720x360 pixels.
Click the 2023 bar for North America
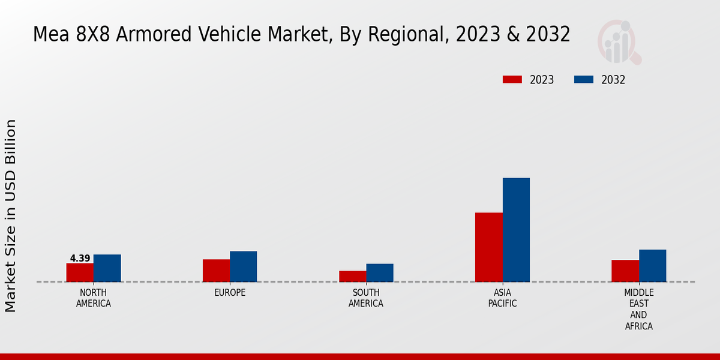[80, 272]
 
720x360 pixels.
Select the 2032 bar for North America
[107, 268]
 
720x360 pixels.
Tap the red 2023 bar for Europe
[216, 271]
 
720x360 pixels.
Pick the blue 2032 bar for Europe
[243, 266]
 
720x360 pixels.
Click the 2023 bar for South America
[352, 276]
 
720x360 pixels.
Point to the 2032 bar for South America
[380, 273]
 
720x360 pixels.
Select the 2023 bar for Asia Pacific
[488, 247]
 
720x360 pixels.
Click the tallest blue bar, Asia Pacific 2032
[516, 230]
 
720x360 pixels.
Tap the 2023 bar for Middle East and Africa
[625, 271]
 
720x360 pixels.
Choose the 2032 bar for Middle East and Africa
[652, 266]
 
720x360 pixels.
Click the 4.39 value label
[80, 259]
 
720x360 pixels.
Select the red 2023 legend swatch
[512, 80]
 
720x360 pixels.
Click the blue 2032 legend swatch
[584, 80]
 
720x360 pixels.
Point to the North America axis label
[93, 298]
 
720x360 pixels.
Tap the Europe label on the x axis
[230, 293]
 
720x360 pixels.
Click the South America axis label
[366, 298]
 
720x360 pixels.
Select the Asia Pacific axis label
[502, 298]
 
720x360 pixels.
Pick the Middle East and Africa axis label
[638, 310]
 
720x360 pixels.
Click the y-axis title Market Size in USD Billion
[11, 216]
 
